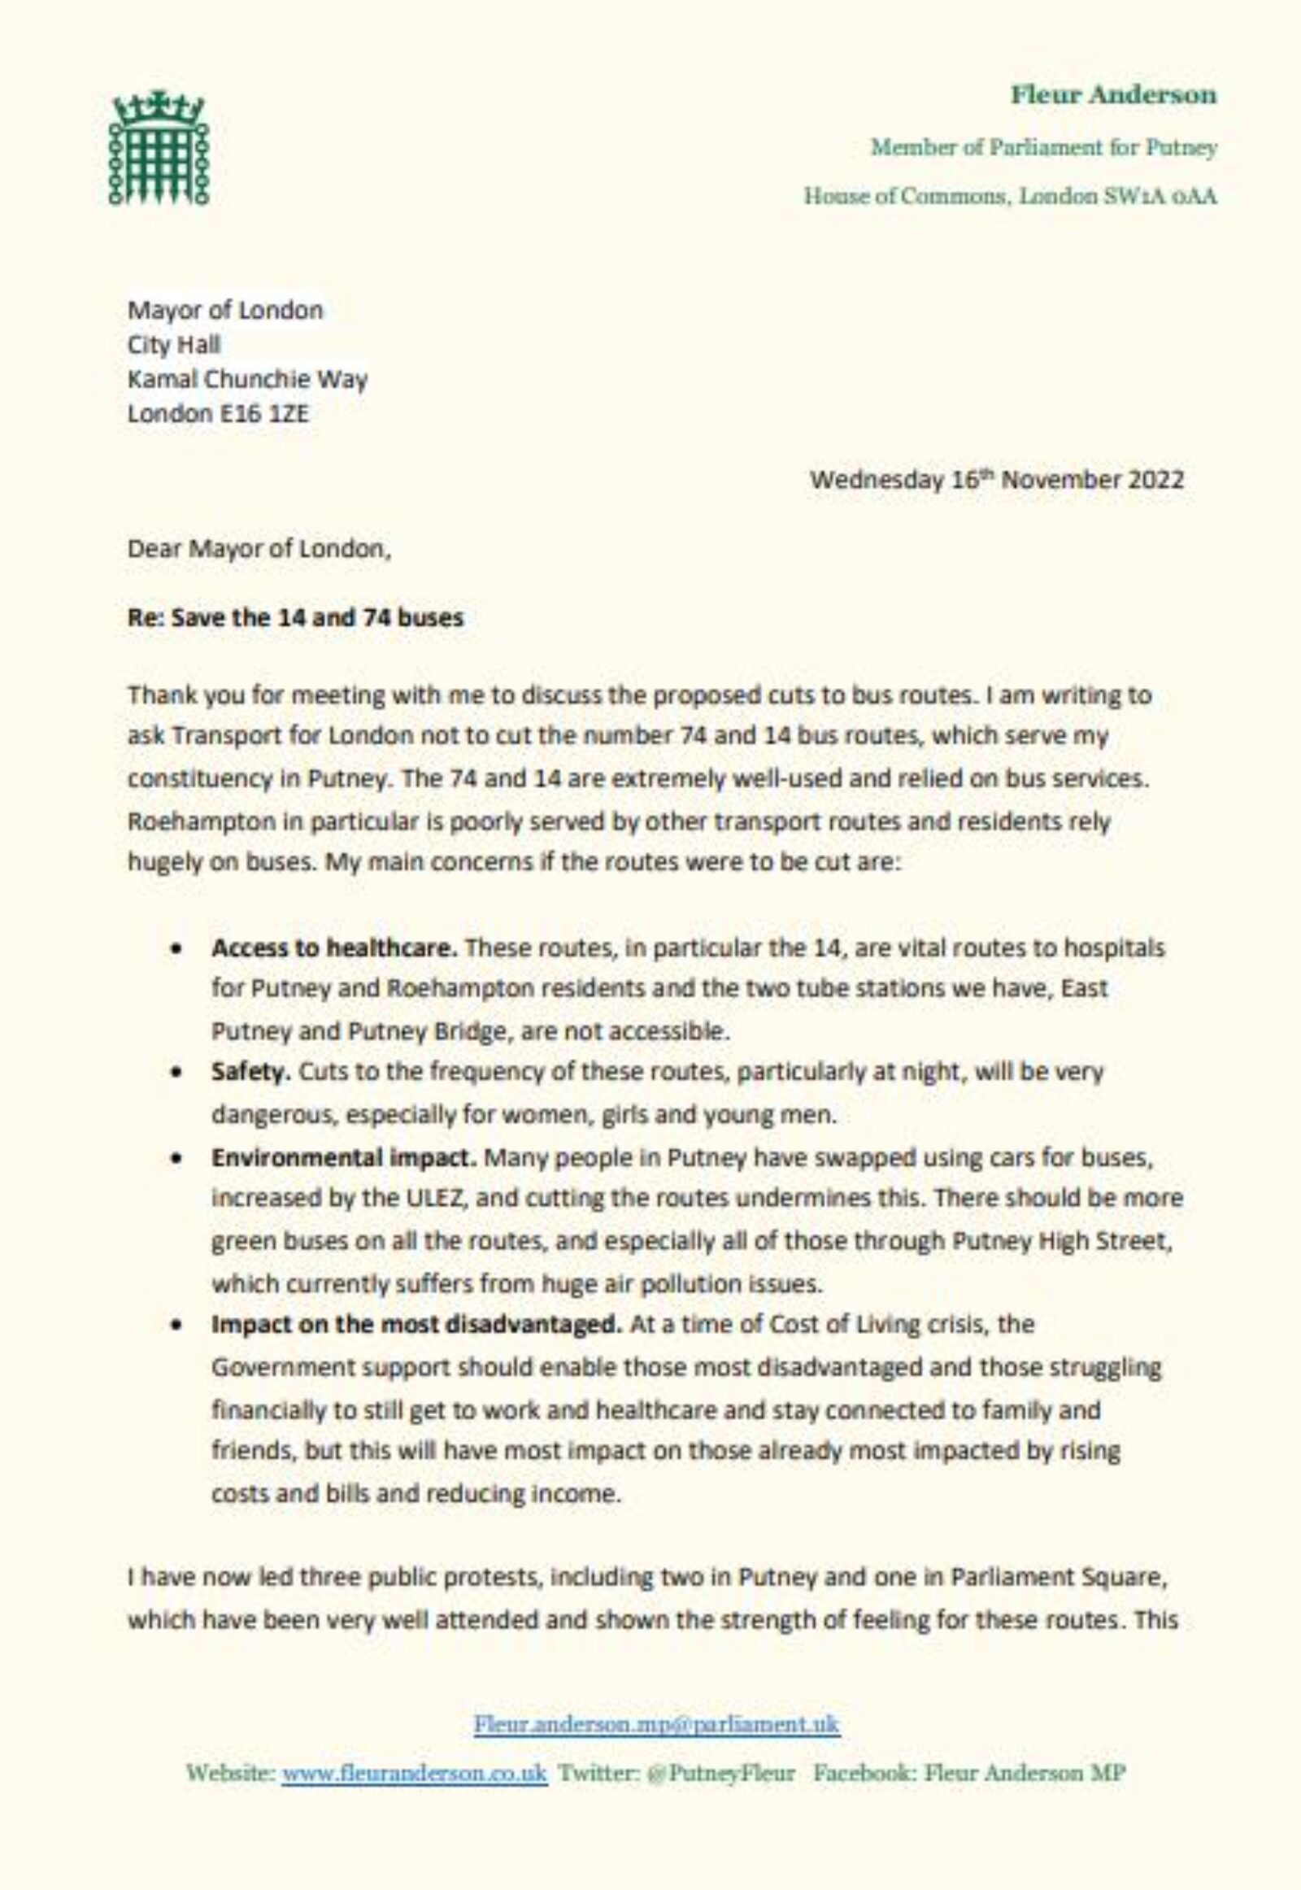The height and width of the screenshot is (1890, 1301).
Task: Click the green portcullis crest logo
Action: click(159, 149)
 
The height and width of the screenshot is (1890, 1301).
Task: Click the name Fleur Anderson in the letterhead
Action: click(1113, 94)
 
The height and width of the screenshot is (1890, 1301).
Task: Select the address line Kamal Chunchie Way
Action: click(247, 379)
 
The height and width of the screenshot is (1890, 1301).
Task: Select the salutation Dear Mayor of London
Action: click(259, 549)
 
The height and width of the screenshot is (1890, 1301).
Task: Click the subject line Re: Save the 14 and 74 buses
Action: click(295, 617)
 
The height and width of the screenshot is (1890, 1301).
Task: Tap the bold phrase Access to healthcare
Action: click(334, 948)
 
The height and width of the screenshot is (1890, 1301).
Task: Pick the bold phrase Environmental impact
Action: click(344, 1158)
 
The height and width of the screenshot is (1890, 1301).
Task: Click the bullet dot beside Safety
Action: click(176, 1072)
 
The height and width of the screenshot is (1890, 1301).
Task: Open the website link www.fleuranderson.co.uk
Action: click(414, 1774)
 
